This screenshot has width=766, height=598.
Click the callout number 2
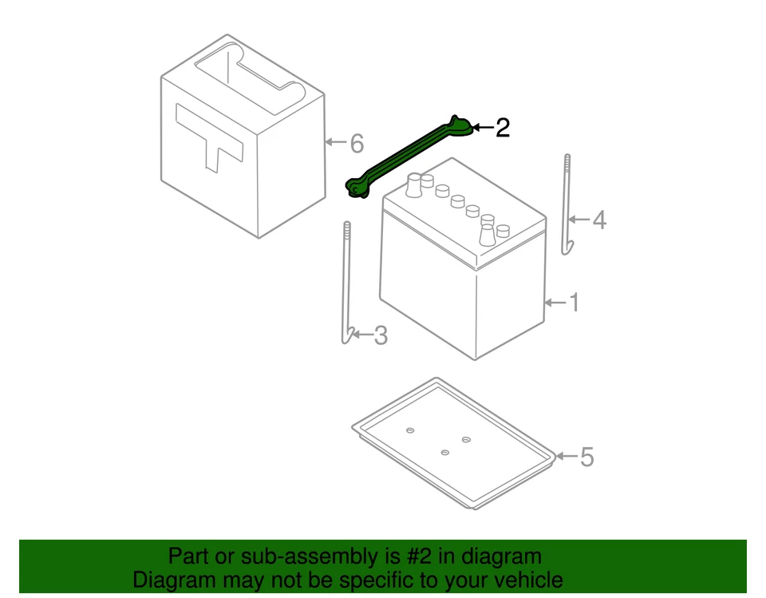502,128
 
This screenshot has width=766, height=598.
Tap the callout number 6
356,144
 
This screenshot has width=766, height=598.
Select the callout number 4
598,219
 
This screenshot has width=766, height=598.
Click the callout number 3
381,335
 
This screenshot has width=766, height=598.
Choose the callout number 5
586,457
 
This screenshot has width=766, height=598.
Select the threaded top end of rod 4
567,163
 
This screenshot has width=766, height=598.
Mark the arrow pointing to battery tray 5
565,457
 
